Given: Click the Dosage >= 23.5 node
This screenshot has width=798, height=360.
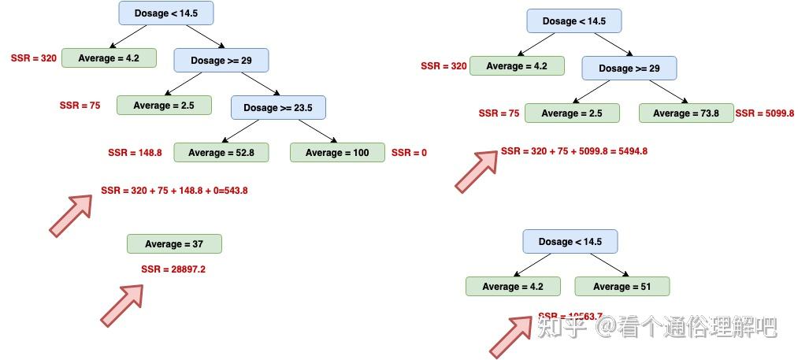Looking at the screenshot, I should (278, 108).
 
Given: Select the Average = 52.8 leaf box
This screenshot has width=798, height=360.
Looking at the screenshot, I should (221, 153).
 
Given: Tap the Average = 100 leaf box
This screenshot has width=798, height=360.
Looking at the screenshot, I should (337, 153).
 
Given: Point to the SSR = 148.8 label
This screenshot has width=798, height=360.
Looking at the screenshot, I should (135, 153).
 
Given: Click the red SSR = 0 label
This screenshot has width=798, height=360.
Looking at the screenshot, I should (409, 153).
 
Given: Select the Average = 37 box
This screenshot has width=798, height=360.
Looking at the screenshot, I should (174, 244).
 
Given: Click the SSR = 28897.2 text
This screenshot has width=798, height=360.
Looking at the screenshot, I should (173, 269).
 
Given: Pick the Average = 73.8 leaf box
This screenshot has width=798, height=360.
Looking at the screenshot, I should (685, 113).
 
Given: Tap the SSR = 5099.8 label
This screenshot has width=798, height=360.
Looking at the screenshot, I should (764, 113).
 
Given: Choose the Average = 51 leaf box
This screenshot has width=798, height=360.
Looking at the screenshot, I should (622, 287).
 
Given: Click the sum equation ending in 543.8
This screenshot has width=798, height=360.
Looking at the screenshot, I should (174, 191).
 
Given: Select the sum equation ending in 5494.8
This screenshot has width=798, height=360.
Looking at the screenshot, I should (574, 151).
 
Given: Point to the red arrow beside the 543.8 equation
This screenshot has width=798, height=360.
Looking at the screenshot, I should (71, 215).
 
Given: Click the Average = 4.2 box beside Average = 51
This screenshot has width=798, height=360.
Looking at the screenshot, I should (513, 287).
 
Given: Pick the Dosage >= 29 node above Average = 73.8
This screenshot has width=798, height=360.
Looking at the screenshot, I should (629, 69).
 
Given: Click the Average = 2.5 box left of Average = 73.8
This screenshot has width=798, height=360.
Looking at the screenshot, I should (572, 113).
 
